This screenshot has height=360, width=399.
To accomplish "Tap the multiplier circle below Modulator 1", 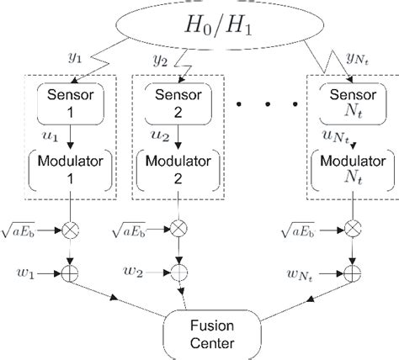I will tap(74, 228).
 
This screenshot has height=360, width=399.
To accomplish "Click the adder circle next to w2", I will tap(179, 272).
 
